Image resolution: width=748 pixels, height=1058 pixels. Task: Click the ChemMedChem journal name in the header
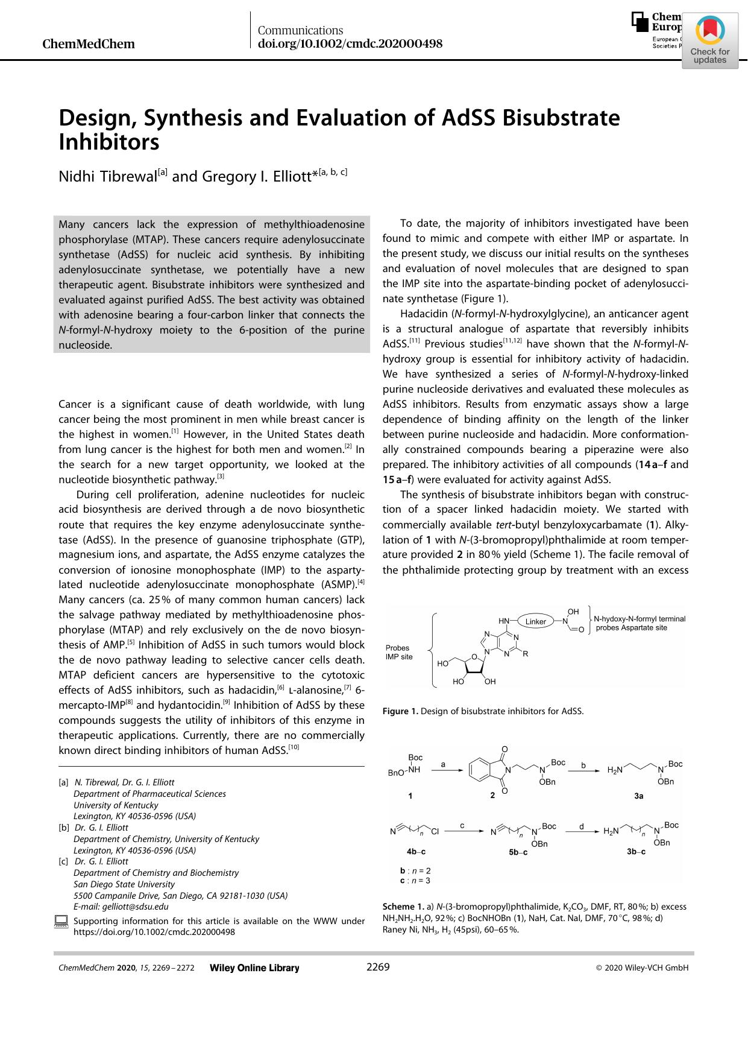tap(89, 44)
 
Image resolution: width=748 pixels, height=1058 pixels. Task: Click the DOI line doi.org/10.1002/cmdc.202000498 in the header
tap(350, 43)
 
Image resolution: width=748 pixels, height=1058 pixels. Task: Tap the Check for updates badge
tap(710, 42)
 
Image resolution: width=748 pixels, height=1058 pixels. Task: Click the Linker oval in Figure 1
tap(535, 621)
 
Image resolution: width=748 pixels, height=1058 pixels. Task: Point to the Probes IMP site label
tap(399, 652)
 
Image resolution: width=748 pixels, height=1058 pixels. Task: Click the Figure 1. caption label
tap(400, 711)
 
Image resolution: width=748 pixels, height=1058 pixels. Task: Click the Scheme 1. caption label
tap(403, 907)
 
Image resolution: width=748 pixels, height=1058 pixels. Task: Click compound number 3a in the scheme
tap(639, 796)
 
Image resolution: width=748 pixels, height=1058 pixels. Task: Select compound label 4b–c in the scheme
tap(416, 852)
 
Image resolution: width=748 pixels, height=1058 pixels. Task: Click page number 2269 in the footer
tap(378, 967)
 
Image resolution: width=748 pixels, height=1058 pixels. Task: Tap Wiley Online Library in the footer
tap(254, 968)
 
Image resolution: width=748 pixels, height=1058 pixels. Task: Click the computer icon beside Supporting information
tap(61, 921)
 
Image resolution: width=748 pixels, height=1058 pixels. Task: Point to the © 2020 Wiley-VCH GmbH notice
tap(642, 968)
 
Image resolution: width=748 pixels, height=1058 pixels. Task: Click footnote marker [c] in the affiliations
tap(63, 861)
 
